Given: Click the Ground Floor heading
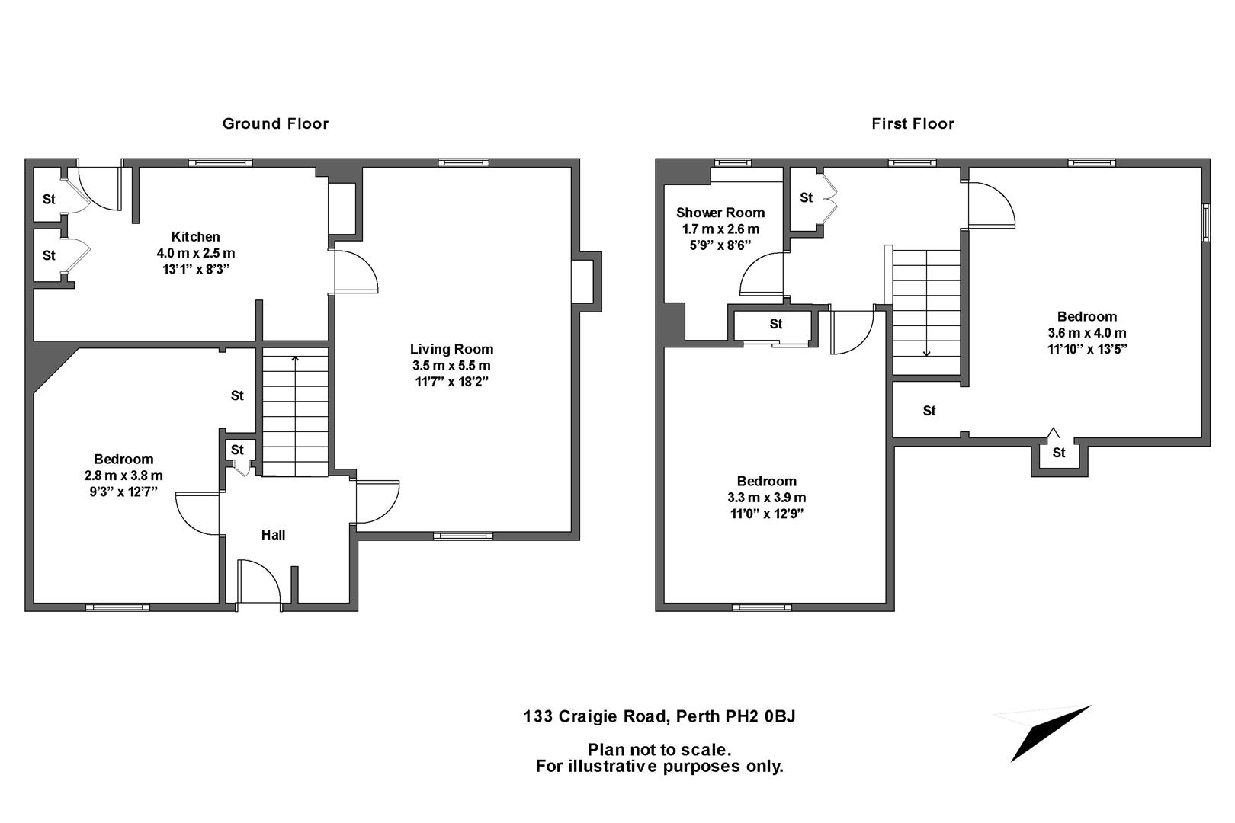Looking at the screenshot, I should coord(275,123).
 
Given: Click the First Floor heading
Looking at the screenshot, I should coord(913,123).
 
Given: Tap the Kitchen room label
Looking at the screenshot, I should coord(195,236).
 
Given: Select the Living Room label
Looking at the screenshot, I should coord(451,349).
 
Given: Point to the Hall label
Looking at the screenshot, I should coord(273,535).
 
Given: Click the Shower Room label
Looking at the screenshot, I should coord(720,213).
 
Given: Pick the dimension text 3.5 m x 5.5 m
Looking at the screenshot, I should coord(451,366).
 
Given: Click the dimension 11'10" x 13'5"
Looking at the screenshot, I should coord(1086,349).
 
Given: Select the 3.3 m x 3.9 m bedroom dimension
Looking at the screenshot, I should coord(766,498).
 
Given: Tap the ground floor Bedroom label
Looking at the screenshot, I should coord(124,459).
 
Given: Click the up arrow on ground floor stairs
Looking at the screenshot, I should coord(295,358).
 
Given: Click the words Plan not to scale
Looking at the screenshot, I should coord(659,750).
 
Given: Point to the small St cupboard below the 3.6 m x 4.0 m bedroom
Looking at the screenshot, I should coord(1059,454).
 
